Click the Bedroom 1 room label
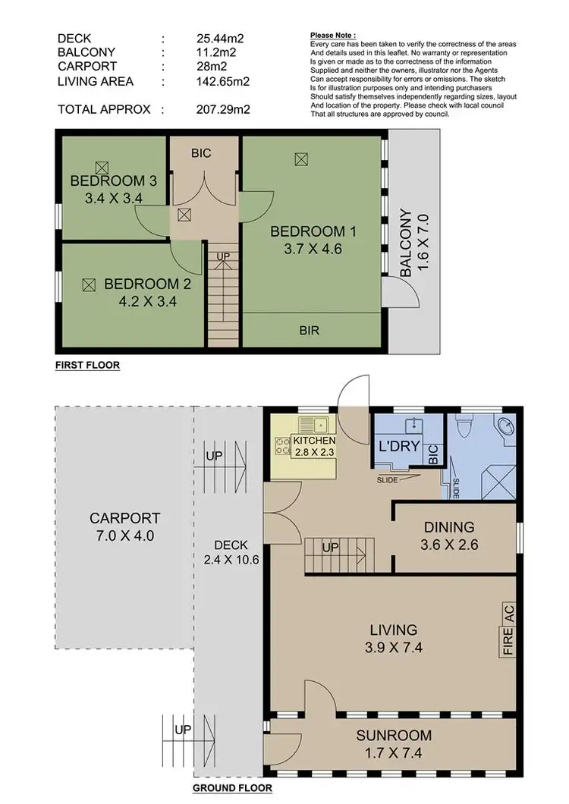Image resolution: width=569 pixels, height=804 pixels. click(x=313, y=231)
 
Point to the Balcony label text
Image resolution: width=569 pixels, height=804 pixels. click(x=406, y=244)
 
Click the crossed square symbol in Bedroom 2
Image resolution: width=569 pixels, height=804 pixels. click(x=88, y=284)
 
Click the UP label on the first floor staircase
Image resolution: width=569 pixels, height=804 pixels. click(x=223, y=257)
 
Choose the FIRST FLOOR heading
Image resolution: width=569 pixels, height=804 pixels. click(x=87, y=366)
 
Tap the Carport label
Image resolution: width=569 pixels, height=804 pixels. click(x=124, y=519)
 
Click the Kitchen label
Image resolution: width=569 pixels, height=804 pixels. click(x=314, y=441)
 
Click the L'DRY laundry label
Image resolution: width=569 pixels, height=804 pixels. click(x=399, y=446)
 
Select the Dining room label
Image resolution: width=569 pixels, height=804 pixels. click(x=449, y=526)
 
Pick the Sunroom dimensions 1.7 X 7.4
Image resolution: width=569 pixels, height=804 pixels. click(x=395, y=753)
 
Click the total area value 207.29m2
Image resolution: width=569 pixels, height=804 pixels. click(x=222, y=110)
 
